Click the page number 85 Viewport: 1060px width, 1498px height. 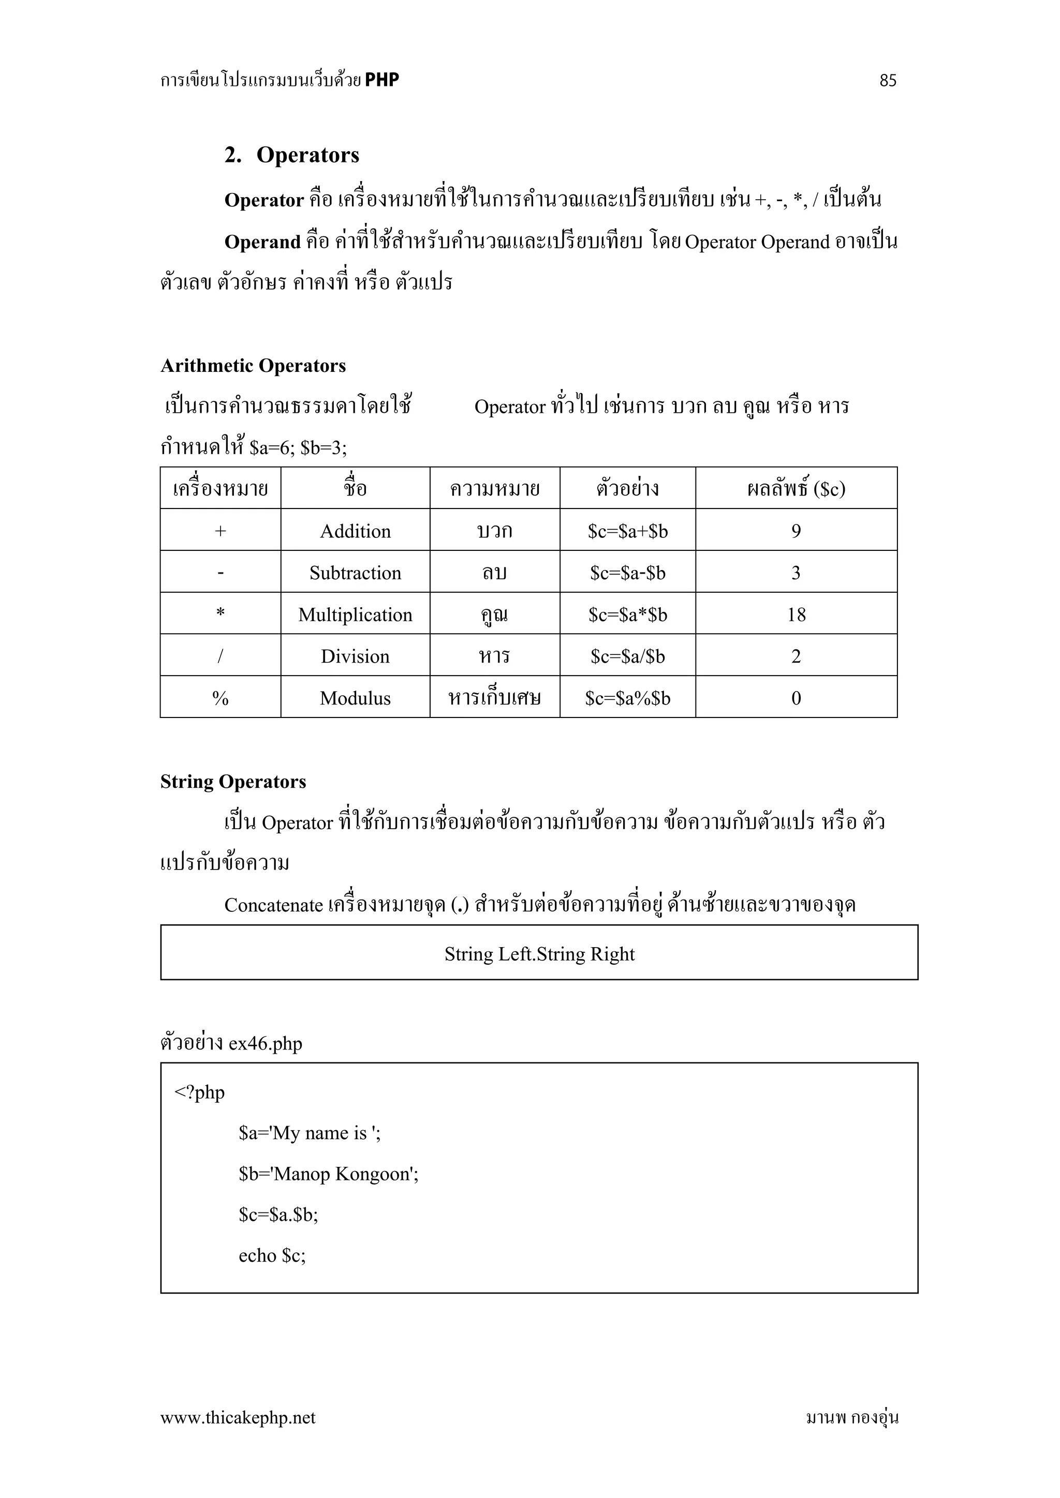click(x=888, y=80)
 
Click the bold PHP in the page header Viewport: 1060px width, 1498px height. click(x=382, y=80)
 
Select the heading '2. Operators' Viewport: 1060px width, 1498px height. click(x=292, y=155)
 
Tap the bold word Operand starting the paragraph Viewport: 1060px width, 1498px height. click(x=262, y=242)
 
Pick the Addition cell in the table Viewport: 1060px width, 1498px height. click(x=355, y=531)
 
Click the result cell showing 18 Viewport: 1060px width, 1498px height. click(x=797, y=615)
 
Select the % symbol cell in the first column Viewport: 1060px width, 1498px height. click(x=220, y=698)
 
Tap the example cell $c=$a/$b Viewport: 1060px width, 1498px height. click(x=627, y=656)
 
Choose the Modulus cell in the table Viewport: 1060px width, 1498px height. click(x=355, y=698)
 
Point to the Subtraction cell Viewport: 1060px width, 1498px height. click(x=355, y=573)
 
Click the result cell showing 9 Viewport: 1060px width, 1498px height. click(x=797, y=531)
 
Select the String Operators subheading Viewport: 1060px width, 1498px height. click(x=233, y=782)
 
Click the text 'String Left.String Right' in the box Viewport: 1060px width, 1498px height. click(x=539, y=954)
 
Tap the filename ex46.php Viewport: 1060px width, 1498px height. click(x=265, y=1043)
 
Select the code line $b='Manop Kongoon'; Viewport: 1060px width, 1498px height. click(x=328, y=1174)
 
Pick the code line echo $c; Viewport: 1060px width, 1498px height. click(x=272, y=1256)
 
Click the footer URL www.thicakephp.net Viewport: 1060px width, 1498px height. click(x=238, y=1417)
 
